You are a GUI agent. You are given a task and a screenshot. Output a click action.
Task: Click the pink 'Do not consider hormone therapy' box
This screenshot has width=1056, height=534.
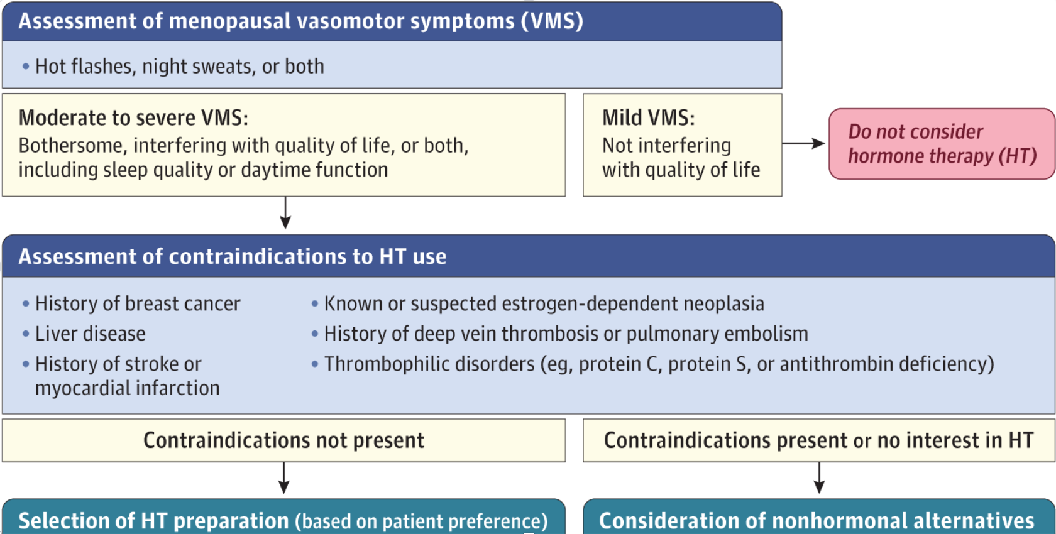[941, 144]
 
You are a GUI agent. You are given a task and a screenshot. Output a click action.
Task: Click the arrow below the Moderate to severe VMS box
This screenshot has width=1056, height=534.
[285, 213]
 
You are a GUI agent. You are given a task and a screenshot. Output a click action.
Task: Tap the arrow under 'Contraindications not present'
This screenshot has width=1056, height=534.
[284, 478]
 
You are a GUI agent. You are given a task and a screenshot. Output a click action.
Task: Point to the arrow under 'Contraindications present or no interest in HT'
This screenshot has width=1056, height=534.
[819, 478]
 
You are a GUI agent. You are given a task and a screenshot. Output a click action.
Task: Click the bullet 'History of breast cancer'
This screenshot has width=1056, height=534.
[137, 304]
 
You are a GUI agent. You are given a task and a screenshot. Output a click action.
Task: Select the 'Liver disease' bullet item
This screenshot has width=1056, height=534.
[90, 334]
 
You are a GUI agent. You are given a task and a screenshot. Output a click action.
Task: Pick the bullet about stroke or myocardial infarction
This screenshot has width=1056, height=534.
[126, 376]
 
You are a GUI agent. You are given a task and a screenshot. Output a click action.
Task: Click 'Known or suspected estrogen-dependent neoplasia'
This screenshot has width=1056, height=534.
[544, 304]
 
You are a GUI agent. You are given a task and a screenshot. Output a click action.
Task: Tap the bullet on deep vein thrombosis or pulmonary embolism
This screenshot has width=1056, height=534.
[566, 334]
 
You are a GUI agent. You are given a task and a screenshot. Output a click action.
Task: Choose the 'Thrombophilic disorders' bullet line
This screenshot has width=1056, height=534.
[659, 364]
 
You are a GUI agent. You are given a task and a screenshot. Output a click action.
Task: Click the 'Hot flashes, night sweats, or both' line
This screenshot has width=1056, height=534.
[179, 67]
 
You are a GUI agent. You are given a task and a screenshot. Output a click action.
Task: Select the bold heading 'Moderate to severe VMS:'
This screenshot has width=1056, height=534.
[133, 118]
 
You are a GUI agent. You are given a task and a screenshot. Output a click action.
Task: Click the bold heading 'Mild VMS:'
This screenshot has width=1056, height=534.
[648, 118]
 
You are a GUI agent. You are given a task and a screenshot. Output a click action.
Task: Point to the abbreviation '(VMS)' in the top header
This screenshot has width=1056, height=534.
[552, 21]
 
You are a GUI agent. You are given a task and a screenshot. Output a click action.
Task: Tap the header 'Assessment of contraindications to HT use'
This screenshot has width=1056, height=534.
[233, 257]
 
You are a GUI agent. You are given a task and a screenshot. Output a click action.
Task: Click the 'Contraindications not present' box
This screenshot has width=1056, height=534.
[283, 440]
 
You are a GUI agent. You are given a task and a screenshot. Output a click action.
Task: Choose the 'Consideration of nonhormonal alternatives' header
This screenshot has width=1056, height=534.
[817, 521]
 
